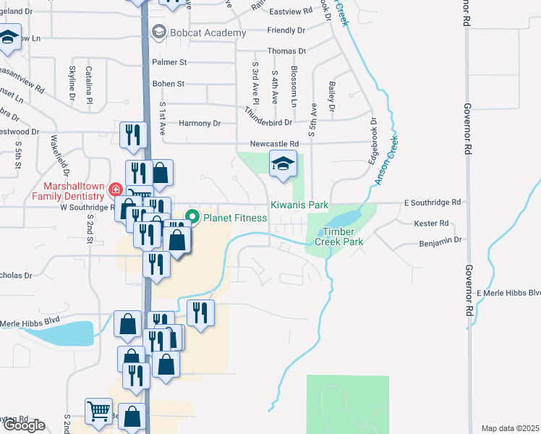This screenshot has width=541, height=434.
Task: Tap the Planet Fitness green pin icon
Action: point(193,216)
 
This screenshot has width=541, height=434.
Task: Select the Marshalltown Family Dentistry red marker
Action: point(114,190)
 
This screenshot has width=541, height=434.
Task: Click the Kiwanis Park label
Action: point(299,205)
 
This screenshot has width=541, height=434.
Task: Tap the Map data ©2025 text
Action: point(509,428)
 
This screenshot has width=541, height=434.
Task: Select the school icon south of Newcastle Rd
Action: point(283,165)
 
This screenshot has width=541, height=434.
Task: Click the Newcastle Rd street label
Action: point(274,144)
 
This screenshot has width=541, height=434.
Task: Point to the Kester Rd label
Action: point(433,224)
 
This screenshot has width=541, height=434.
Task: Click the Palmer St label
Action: point(169,62)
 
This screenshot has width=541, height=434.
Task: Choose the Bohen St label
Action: point(169,84)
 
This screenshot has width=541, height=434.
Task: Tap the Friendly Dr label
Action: point(286,30)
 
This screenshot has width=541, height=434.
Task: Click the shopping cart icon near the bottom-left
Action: point(98,411)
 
